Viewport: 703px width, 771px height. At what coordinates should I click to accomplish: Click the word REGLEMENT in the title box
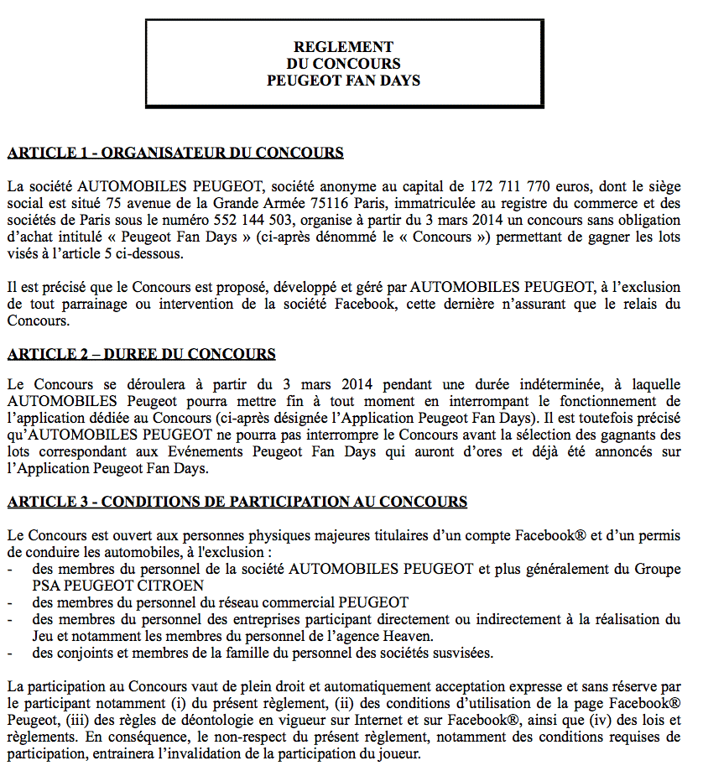(x=343, y=47)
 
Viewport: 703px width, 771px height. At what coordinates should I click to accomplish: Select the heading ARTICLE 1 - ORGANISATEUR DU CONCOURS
(x=175, y=153)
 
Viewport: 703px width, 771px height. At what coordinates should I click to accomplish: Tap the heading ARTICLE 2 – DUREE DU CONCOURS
(x=141, y=354)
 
